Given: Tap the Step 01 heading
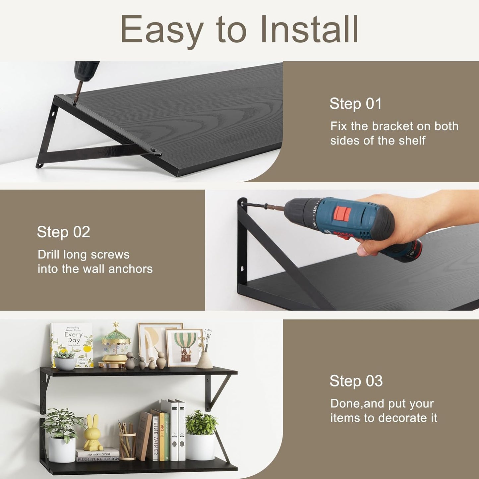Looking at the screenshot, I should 355,104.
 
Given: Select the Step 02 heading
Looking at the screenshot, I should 63,232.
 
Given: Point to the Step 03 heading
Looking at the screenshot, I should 356,381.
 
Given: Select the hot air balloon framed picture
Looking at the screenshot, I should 184,347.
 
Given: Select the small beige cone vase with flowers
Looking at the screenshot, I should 205,360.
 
